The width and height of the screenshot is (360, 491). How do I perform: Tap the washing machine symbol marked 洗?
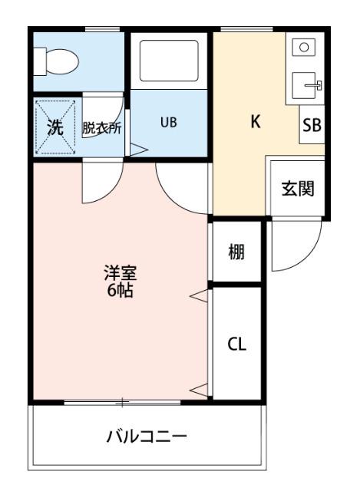coord(55,127)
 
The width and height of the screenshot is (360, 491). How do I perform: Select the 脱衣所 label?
coord(102,127)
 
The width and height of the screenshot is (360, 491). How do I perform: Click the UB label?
coord(168,122)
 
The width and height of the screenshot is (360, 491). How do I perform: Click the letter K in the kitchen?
coord(256,121)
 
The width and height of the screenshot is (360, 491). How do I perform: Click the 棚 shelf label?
coord(236,251)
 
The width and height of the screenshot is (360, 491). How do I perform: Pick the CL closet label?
coord(236,344)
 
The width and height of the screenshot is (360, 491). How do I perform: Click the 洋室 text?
coord(121,274)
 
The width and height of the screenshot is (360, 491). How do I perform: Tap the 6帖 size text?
coord(121,292)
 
